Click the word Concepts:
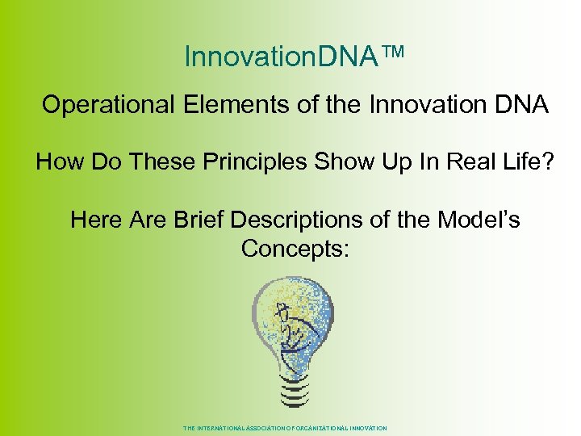295,249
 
